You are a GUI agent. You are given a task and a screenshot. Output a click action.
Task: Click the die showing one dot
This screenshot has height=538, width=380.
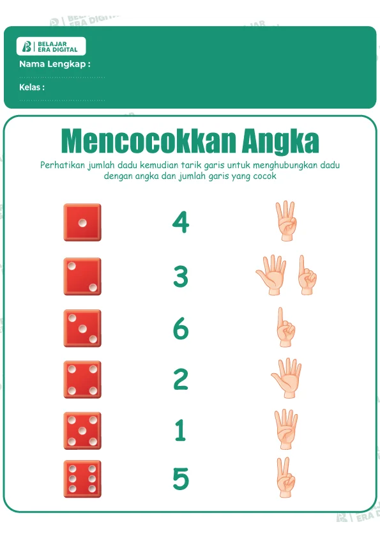(82, 222)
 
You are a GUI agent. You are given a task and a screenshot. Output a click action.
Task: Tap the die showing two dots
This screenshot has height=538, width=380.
(82, 277)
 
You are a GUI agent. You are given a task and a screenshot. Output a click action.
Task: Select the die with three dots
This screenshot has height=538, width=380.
(82, 328)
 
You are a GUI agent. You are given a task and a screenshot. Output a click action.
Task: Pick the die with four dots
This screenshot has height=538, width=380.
(82, 380)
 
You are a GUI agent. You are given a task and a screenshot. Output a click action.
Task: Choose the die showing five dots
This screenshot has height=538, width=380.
(82, 431)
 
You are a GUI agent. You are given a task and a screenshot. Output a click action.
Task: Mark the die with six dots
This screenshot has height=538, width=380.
(82, 479)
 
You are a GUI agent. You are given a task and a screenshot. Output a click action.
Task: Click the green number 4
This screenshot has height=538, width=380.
(181, 222)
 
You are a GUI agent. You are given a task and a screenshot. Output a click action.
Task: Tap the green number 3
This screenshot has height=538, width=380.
(181, 277)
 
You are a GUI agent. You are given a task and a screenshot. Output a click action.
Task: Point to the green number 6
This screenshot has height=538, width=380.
(181, 328)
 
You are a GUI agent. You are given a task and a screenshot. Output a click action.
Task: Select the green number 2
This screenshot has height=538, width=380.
(181, 379)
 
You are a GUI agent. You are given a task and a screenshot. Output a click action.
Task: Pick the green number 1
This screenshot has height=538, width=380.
(180, 430)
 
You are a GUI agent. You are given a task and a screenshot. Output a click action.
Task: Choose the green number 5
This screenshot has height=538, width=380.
(181, 479)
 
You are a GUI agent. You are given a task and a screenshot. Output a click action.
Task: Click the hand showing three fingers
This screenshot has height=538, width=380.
(286, 221)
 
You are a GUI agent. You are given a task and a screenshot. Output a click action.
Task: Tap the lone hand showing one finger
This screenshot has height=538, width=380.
(285, 327)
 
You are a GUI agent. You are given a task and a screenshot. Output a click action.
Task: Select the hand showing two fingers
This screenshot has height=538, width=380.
(285, 477)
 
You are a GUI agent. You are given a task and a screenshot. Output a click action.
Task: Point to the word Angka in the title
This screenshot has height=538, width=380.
(280, 141)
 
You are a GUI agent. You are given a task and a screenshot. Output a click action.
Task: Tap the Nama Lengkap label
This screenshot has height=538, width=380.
(55, 64)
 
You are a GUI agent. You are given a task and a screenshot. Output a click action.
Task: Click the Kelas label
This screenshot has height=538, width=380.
(32, 87)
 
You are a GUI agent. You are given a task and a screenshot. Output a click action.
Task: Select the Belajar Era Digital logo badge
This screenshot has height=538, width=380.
(51, 46)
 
